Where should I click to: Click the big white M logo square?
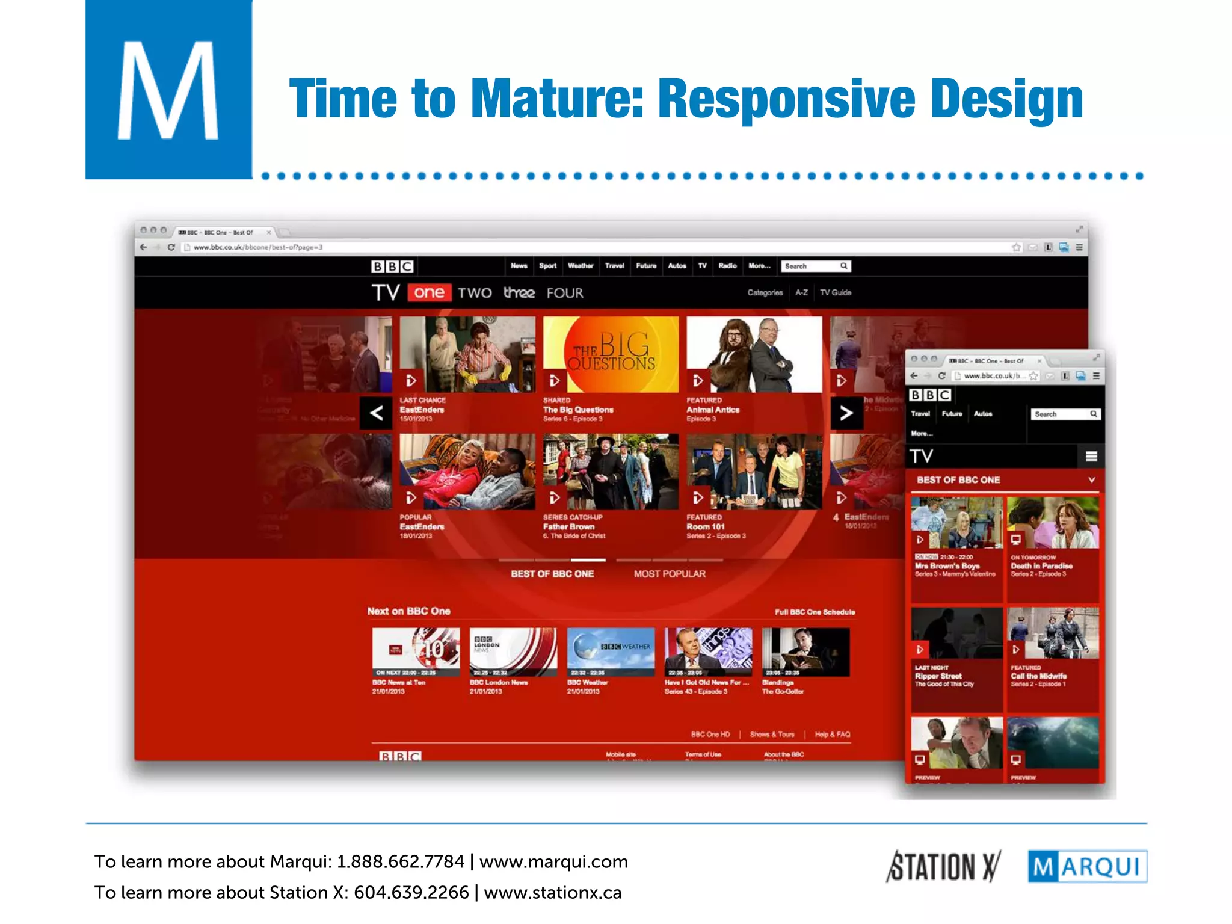click(x=168, y=90)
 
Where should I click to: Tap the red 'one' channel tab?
click(x=429, y=293)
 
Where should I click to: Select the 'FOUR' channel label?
click(x=565, y=293)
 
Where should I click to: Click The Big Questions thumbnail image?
click(x=611, y=354)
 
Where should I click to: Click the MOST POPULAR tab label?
click(x=670, y=574)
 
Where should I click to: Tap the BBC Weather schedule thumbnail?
click(x=611, y=652)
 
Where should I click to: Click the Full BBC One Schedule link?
click(x=815, y=612)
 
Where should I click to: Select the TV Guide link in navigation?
click(x=836, y=292)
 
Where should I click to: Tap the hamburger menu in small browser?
click(x=1091, y=457)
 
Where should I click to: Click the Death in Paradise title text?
click(x=1041, y=566)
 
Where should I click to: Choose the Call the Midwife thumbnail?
click(x=1053, y=633)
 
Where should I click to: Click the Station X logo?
click(x=943, y=867)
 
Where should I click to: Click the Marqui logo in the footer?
click(x=1087, y=867)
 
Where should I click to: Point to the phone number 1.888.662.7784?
click(x=400, y=862)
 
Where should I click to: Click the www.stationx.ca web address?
click(x=552, y=893)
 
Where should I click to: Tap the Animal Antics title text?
click(x=713, y=410)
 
